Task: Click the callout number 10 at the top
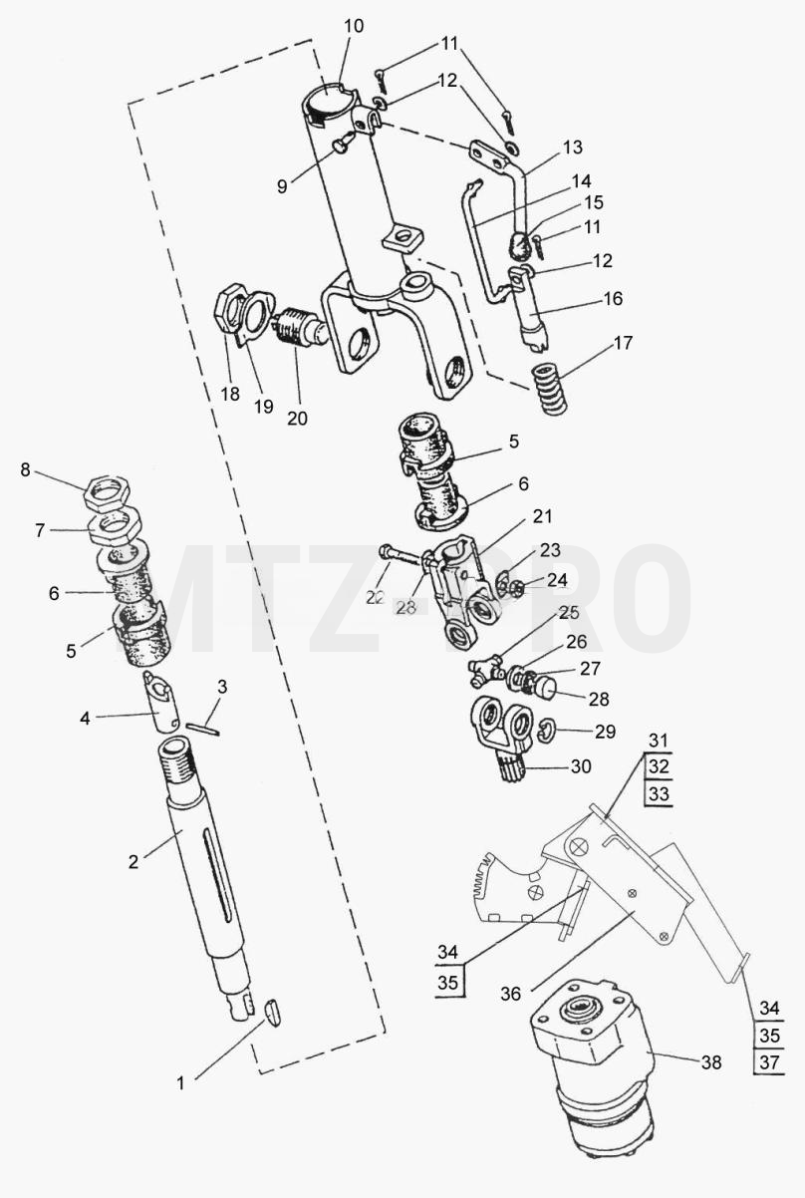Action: pos(354,26)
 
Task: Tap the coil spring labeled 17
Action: pos(550,389)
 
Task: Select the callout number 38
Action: pos(711,1062)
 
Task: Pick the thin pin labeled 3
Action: pos(202,729)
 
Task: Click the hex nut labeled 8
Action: pos(108,492)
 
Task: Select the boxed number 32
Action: pos(659,766)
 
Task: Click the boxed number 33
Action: pos(659,793)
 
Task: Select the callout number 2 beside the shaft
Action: pos(134,861)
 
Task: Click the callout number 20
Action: pos(297,418)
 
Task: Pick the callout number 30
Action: pos(581,766)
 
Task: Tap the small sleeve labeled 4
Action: pos(160,701)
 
